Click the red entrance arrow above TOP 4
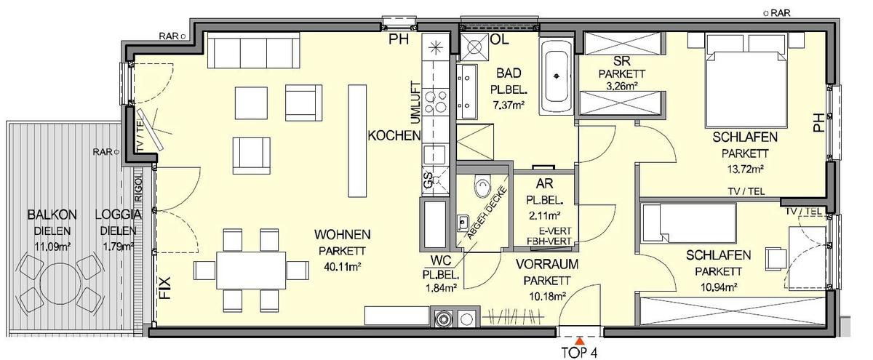click(x=580, y=340)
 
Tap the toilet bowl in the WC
click(x=481, y=188)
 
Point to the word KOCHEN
click(x=394, y=136)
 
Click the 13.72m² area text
click(x=742, y=170)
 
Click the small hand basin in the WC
click(x=463, y=221)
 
